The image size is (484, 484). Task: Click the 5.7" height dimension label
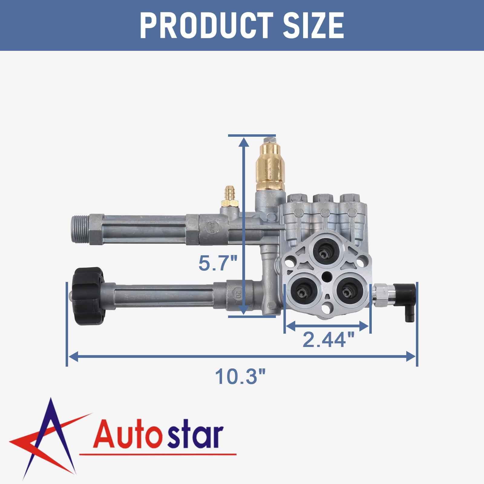tap(218, 263)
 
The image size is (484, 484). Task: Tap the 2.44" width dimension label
tap(329, 339)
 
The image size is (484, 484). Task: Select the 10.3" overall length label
tap(240, 377)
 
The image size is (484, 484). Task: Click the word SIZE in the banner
tap(313, 25)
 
